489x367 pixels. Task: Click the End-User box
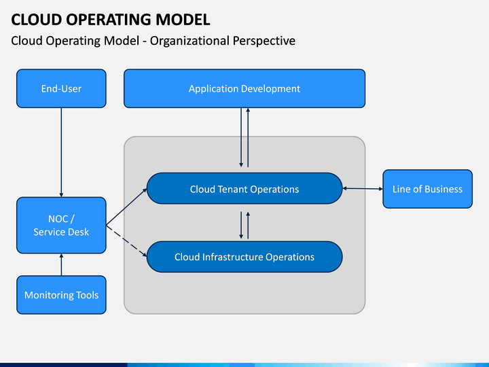[61, 88]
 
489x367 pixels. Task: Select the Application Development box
[244, 88]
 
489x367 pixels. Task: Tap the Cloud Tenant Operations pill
[244, 188]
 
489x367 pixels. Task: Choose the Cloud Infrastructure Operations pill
[244, 256]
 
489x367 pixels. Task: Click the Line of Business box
[428, 189]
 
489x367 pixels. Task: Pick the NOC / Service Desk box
[61, 225]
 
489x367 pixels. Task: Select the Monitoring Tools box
[61, 294]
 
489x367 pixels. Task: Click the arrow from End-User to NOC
[61, 152]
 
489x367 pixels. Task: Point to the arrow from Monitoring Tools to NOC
[61, 264]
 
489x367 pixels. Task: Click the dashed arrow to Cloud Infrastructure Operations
[126, 241]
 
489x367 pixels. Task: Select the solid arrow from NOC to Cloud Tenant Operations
[126, 207]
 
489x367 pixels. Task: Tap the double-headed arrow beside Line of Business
[363, 188]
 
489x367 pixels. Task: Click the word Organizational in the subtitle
[189, 41]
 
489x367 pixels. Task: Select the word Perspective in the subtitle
[264, 41]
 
